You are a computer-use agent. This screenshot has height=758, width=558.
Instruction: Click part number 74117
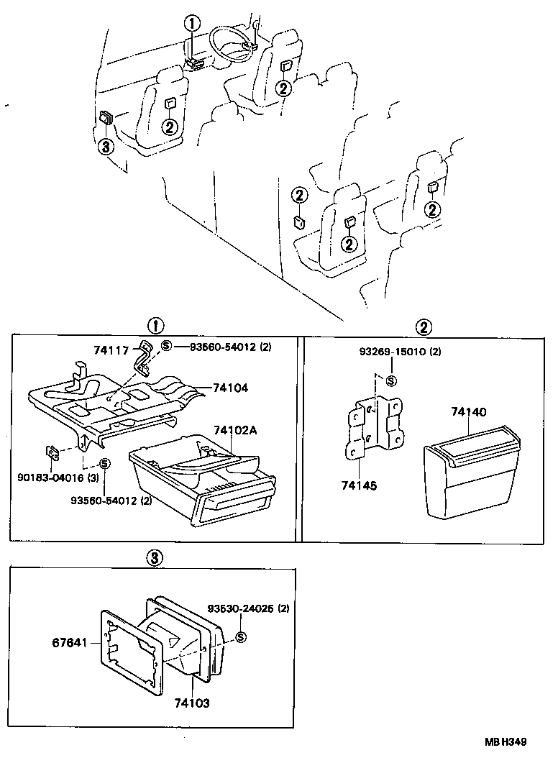point(110,350)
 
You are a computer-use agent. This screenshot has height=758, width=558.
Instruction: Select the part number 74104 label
point(230,388)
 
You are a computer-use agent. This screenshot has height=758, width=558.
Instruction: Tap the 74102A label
point(235,430)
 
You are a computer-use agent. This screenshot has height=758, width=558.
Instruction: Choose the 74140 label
point(469,412)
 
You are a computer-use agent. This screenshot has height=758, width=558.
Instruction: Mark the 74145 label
point(359,485)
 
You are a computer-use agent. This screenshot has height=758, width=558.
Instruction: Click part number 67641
point(69,642)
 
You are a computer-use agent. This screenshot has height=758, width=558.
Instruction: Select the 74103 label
point(192,703)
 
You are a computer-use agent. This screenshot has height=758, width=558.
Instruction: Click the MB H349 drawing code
point(506,741)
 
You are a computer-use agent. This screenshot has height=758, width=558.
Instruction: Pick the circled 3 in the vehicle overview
point(106,146)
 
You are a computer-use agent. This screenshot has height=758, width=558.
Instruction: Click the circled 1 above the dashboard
point(192,22)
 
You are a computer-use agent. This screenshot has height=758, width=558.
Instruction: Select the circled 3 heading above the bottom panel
point(155,559)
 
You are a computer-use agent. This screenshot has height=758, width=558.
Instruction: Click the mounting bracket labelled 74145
point(375,426)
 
